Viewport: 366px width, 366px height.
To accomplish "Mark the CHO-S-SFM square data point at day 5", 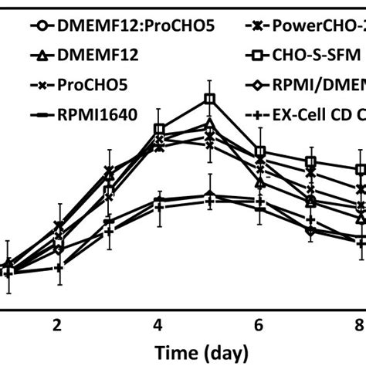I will [x=209, y=99].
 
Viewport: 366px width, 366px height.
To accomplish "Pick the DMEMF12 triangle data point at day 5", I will [x=209, y=124].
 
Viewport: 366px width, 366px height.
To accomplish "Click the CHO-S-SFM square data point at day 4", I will [x=159, y=129].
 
